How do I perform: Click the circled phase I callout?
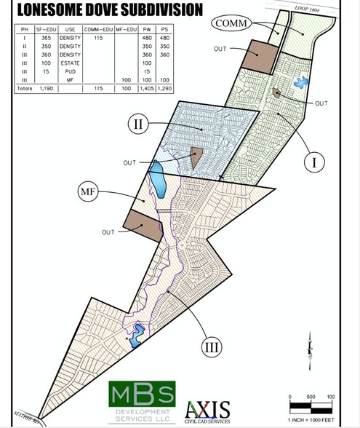314,162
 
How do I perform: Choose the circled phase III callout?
211,347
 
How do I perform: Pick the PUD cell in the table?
71,71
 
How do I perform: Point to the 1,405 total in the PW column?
146,87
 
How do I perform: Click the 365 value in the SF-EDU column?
45,37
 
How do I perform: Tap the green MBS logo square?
142,394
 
